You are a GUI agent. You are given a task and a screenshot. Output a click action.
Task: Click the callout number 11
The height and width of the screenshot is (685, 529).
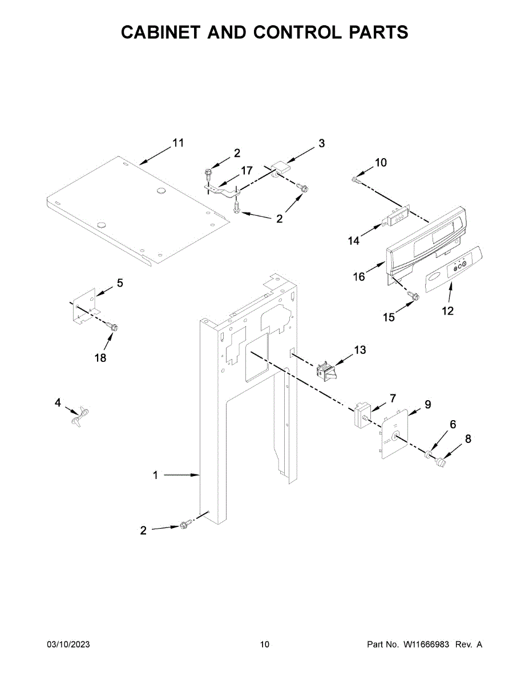click(178, 143)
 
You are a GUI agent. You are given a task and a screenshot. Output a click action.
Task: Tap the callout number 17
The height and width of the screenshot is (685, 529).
click(246, 170)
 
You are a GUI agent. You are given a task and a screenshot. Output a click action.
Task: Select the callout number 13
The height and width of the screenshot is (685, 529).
click(360, 350)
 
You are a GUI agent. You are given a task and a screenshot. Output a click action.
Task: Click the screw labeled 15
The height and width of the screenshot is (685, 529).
click(414, 296)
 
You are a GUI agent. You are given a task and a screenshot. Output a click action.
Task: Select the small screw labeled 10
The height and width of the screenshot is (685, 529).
click(356, 180)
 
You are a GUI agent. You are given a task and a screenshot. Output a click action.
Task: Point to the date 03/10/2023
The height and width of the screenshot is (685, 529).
click(68, 644)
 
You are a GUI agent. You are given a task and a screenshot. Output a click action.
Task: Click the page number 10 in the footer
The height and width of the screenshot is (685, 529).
click(264, 644)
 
